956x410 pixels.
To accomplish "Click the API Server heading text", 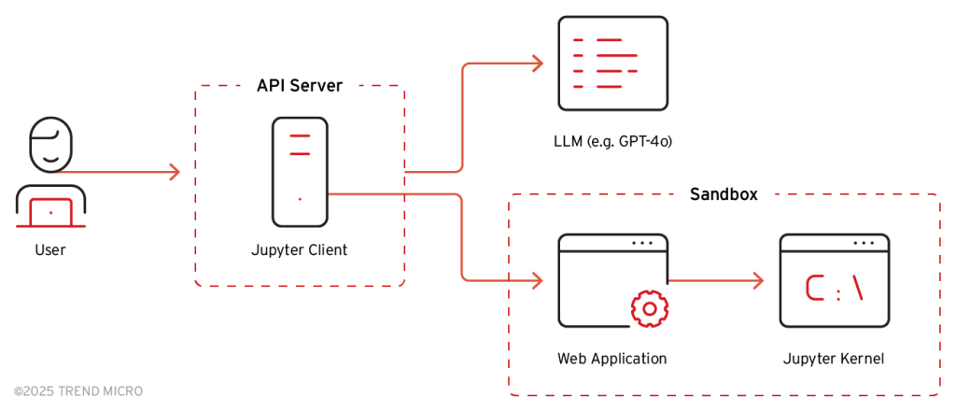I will click(x=300, y=86).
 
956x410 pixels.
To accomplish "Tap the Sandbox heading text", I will click(x=724, y=194).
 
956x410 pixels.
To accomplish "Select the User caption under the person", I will click(x=50, y=249).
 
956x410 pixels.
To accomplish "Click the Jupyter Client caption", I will click(x=299, y=249).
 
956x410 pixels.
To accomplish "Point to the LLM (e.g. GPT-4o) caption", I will click(x=612, y=142).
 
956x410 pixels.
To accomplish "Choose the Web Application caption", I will click(x=612, y=358).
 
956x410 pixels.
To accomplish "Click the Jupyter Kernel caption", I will click(x=834, y=358).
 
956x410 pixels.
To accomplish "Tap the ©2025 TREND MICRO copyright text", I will click(x=78, y=390).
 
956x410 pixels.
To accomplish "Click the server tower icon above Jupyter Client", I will click(x=300, y=172).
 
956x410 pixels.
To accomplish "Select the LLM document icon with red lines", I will click(x=612, y=64).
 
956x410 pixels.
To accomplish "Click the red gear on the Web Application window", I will click(x=648, y=308).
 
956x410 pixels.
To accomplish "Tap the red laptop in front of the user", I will click(x=50, y=213).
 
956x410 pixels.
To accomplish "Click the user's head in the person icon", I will click(x=50, y=145).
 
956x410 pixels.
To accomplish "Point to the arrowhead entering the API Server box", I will click(x=174, y=172).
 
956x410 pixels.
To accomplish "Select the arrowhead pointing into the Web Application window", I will click(x=537, y=279).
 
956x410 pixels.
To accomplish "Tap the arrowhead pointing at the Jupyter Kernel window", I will click(x=759, y=279).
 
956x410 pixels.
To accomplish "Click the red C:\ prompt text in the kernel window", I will click(x=835, y=292).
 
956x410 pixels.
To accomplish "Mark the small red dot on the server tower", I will click(x=300, y=199).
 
